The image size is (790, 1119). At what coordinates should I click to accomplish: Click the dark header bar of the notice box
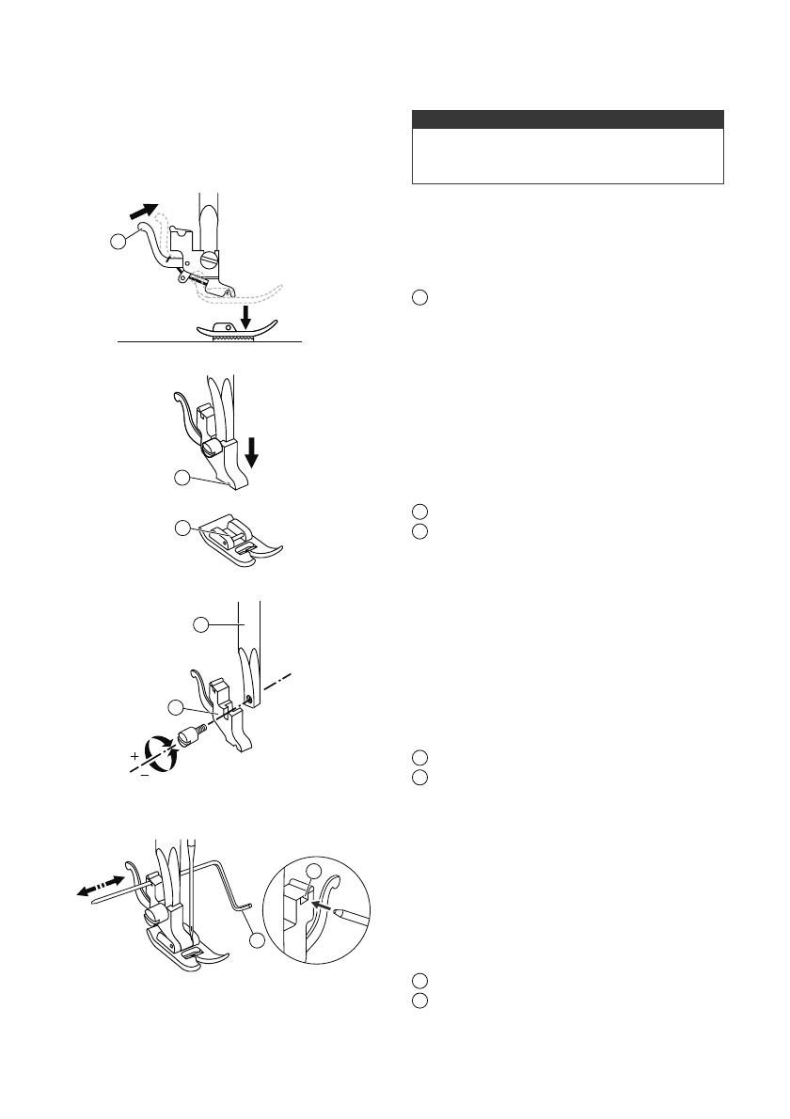pos(568,119)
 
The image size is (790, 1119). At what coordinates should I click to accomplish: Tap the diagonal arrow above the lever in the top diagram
pos(144,207)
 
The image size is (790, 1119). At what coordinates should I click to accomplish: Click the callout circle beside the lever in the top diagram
pos(118,243)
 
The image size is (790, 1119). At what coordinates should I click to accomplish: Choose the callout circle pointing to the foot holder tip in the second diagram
pos(183,479)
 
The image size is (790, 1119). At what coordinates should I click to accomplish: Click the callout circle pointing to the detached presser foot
pos(183,528)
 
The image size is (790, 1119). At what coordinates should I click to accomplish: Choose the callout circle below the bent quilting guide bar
pos(258,938)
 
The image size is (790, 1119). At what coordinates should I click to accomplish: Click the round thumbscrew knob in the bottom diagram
pos(154,915)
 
